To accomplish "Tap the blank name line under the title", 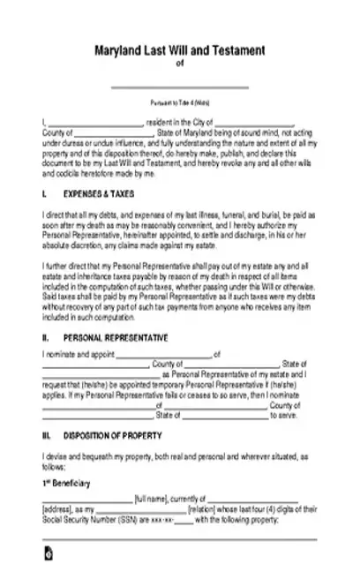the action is pos(180,86).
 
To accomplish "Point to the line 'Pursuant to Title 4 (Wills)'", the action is pos(180,103).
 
